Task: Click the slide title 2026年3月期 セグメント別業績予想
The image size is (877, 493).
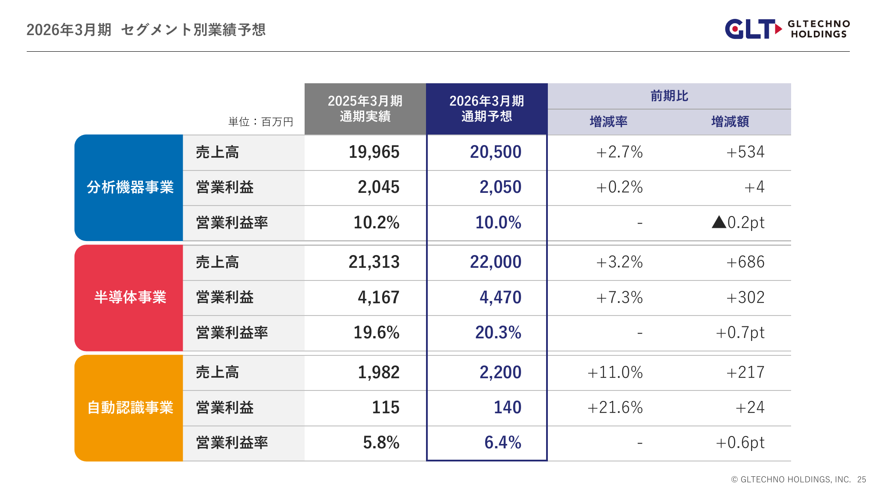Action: (146, 30)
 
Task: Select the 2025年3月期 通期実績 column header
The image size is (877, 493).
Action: (365, 109)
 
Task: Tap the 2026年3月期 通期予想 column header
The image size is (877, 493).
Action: (486, 109)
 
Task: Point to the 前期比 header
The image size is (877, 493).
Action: (669, 96)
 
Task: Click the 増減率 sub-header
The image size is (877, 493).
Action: (608, 121)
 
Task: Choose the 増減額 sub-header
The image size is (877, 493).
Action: (730, 121)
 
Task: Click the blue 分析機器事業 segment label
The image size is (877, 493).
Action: (130, 188)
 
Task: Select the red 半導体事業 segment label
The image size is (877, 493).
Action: (130, 298)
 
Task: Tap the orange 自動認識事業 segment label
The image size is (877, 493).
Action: (130, 408)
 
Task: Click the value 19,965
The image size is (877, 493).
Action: (374, 152)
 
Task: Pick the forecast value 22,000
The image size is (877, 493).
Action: (496, 262)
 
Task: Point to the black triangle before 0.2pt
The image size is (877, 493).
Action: (719, 222)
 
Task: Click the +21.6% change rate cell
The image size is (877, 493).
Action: (615, 408)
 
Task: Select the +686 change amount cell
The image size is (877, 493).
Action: (745, 262)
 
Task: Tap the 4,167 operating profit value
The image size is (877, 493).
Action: (378, 298)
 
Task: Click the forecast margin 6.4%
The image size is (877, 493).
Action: (503, 443)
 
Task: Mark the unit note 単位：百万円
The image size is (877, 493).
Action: (260, 122)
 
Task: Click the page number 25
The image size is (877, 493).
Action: (862, 479)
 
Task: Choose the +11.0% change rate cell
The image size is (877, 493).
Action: (615, 372)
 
